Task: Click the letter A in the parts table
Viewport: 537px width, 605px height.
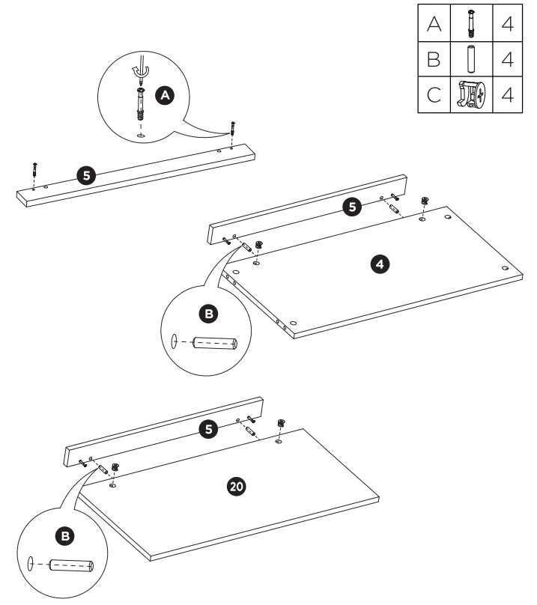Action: click(434, 25)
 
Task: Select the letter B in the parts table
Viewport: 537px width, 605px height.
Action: click(434, 60)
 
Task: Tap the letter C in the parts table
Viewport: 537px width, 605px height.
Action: click(434, 95)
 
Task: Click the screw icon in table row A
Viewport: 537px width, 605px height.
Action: click(471, 25)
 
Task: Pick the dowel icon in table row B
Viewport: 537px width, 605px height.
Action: click(471, 60)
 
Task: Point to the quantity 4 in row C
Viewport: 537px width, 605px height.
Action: click(507, 95)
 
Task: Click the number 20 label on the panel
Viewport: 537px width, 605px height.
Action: click(235, 487)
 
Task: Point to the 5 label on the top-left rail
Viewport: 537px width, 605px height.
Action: click(86, 175)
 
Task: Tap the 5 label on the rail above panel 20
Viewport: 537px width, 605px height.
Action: click(211, 429)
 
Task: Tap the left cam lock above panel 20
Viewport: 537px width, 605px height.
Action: click(115, 468)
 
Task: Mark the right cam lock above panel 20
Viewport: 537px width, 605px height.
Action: click(282, 424)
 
